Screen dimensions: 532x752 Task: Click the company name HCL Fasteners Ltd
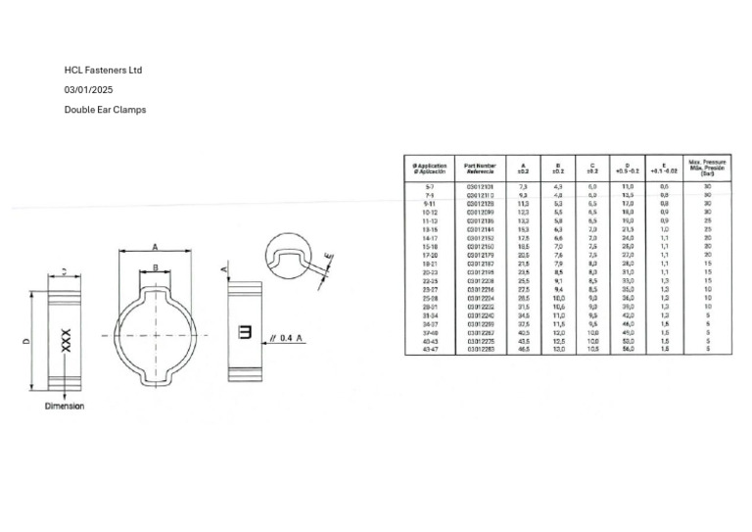[x=103, y=71]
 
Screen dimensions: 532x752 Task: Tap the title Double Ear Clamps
[x=105, y=110]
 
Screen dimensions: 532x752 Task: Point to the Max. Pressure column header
[x=707, y=168]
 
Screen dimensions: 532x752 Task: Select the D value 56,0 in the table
[x=628, y=348]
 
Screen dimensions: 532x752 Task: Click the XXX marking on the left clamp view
[x=66, y=340]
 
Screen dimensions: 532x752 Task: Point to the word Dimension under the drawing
[x=65, y=406]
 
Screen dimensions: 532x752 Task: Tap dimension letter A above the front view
[x=154, y=247]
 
